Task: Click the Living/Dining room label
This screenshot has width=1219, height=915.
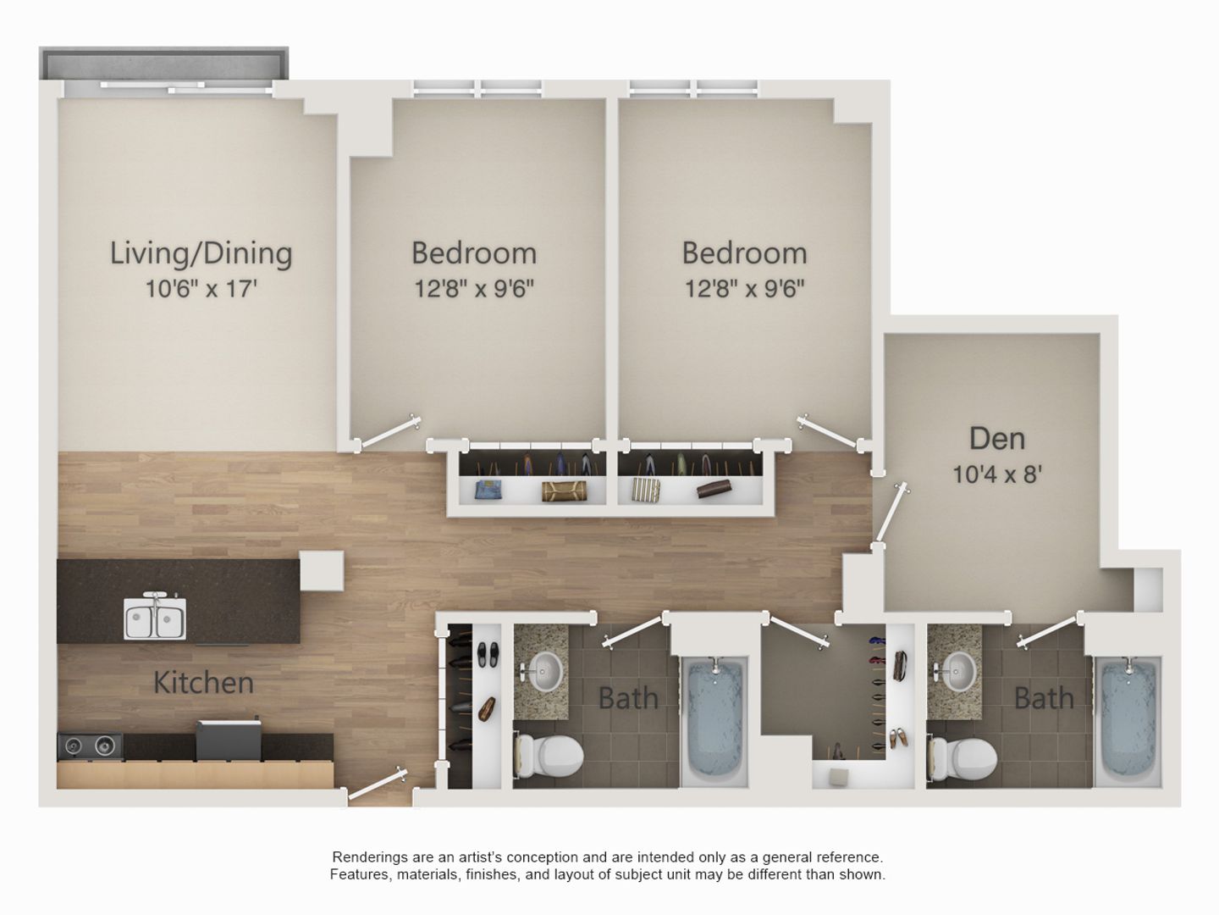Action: click(x=201, y=253)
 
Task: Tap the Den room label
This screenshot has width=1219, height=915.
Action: click(x=996, y=438)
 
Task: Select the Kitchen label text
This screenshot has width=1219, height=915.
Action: click(x=203, y=682)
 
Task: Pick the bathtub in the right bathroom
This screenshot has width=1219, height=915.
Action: click(x=1129, y=720)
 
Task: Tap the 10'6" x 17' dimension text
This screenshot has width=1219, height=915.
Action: click(x=201, y=289)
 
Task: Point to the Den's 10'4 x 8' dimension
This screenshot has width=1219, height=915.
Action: click(x=996, y=474)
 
